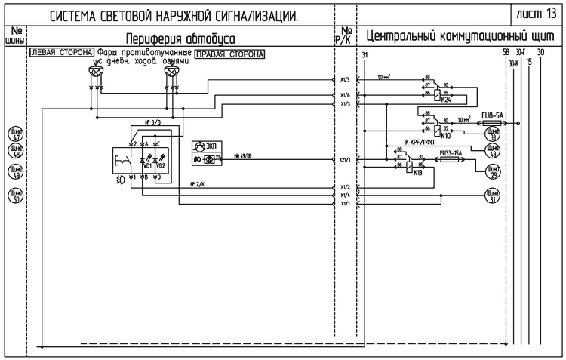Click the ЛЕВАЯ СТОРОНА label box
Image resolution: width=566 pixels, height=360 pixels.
(61, 54)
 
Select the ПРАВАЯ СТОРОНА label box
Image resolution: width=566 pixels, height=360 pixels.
(229, 54)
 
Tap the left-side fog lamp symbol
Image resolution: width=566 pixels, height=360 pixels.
(95, 72)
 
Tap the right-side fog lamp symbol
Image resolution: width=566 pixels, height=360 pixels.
(172, 72)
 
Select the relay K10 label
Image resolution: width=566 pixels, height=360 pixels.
(445, 137)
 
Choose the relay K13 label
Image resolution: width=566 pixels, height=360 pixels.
(417, 172)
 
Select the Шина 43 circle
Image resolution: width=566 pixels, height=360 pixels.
(494, 152)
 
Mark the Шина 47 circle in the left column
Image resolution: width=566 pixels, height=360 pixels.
(14, 134)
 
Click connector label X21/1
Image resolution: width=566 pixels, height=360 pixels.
(345, 160)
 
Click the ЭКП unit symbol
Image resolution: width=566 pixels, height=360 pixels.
(200, 145)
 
